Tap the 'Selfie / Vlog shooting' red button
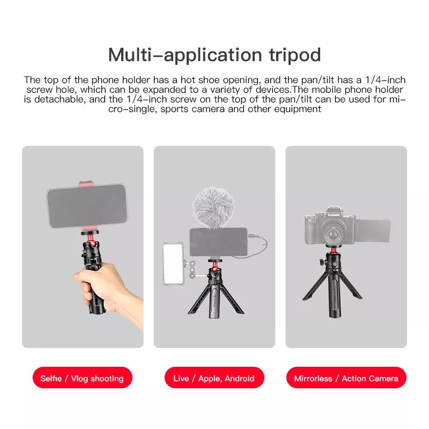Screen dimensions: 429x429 83,378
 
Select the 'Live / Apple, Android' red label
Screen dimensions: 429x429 214,378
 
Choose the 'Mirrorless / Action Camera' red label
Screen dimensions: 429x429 346,378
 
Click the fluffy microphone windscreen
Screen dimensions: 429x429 213,208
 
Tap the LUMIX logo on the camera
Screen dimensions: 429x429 334,215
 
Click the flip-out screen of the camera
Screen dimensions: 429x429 372,231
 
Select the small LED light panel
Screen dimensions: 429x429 173,264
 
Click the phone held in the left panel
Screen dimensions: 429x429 87,206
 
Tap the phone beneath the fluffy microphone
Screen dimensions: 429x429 218,242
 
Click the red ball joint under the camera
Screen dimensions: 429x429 334,250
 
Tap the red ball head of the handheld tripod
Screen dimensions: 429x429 92,243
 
